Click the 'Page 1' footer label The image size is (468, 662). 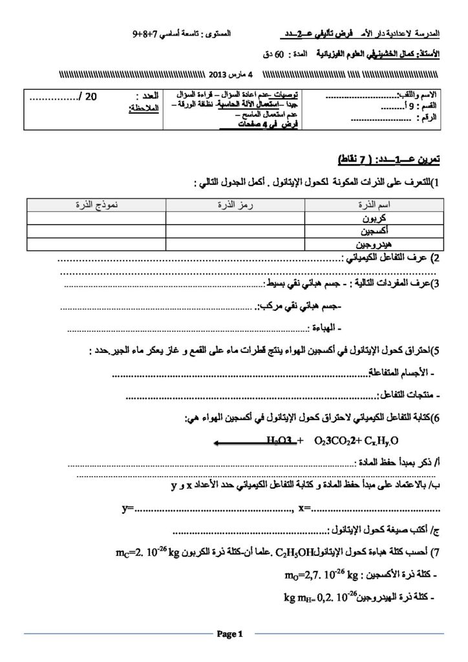229,634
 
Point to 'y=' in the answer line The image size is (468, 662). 127,509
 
